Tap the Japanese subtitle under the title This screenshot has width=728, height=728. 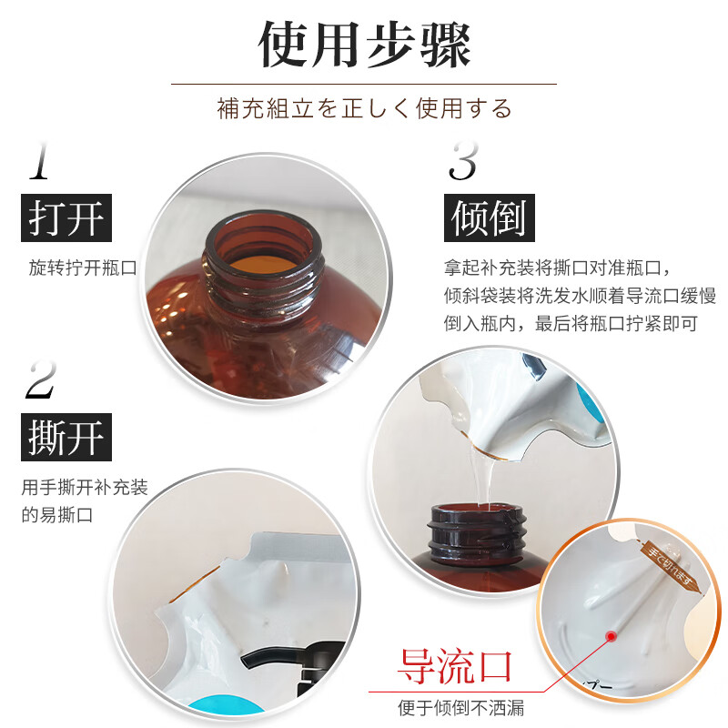tap(364, 108)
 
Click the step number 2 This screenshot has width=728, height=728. tap(41, 379)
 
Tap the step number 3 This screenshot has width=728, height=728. tap(463, 161)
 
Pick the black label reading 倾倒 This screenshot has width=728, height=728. tap(490, 217)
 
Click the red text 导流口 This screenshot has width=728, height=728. tap(454, 667)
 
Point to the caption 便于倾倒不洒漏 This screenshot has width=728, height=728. tap(460, 708)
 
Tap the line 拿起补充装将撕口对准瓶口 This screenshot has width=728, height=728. tap(555, 269)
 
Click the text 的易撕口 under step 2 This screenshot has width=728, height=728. tap(57, 514)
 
